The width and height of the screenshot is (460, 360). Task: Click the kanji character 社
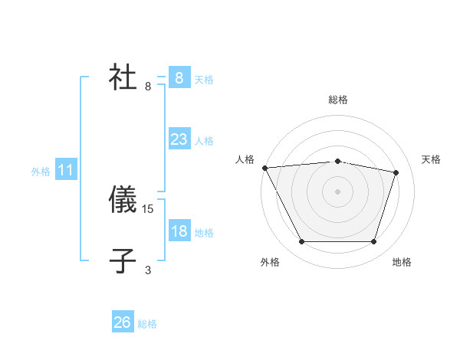[123, 77]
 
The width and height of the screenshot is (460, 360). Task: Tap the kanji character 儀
[123, 200]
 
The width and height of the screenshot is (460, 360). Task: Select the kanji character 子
[123, 261]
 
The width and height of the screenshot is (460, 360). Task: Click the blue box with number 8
[179, 77]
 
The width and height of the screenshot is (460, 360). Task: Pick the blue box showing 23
[179, 139]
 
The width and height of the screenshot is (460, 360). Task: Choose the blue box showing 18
[179, 231]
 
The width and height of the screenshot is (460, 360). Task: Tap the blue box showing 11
[65, 171]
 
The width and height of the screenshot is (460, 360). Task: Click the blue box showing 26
[123, 322]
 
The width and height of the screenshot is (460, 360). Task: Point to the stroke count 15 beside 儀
[149, 208]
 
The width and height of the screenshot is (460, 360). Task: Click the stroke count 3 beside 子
[148, 270]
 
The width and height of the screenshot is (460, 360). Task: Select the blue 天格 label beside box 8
[204, 80]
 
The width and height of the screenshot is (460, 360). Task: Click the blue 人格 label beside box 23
[204, 141]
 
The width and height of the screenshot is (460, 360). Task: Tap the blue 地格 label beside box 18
[204, 233]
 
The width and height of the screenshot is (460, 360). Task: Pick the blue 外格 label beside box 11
[41, 172]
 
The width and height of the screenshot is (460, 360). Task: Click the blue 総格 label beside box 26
[147, 325]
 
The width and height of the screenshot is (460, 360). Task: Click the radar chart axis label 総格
[337, 100]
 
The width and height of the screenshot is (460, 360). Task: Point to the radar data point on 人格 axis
[264, 168]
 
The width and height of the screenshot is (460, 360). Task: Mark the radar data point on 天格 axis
[396, 172]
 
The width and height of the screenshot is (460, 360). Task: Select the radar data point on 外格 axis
[301, 242]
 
